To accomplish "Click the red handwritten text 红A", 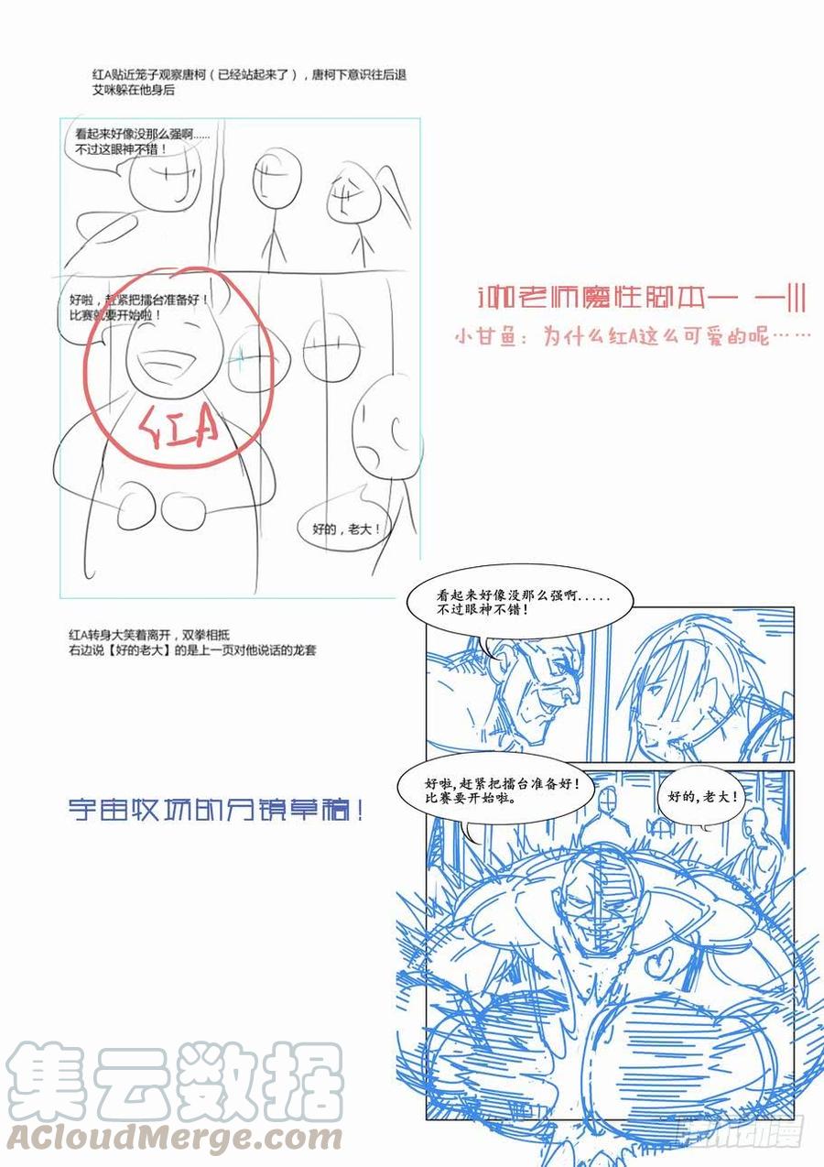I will click(x=180, y=426).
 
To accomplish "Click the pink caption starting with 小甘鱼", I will click(x=633, y=336).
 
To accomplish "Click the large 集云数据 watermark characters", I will click(x=174, y=1081).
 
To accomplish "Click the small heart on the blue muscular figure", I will click(x=662, y=961).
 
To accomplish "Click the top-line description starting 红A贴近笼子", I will click(x=244, y=75).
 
